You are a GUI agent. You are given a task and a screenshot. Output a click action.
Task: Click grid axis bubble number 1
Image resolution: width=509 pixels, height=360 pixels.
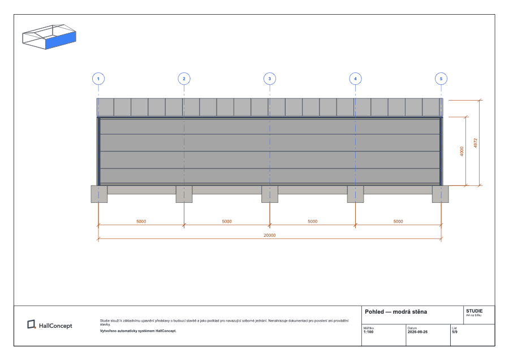pos(98,79)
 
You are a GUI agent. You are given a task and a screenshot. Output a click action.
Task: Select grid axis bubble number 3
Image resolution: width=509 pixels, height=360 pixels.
pos(270,79)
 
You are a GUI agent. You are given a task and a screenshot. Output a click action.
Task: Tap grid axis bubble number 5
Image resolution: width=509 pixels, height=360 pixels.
pos(441,79)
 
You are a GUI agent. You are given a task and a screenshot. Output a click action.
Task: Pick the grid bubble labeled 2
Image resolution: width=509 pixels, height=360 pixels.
pos(184,79)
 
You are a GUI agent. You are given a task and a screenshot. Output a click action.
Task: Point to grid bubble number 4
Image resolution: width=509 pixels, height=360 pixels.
pos(356,79)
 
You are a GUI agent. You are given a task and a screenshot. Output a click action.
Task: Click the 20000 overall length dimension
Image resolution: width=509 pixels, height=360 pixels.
pos(269,235)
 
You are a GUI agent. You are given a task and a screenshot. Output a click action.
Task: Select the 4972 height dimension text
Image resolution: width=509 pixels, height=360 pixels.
pos(476,143)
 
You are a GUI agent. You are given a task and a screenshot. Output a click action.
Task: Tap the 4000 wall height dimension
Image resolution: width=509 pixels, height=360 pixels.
pos(462,151)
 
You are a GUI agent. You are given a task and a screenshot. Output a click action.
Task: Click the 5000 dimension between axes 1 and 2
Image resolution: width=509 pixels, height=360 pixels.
pos(141,222)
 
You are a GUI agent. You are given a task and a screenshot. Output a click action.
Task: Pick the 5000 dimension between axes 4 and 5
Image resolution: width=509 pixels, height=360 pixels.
pos(398,222)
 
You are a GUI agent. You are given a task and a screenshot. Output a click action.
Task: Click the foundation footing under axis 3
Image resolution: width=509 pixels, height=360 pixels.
pos(270,194)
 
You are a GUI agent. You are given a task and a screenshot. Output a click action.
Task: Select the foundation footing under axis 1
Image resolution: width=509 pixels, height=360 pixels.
pos(99,194)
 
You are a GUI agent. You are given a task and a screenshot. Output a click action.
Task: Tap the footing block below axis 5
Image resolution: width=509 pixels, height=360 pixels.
pos(441,194)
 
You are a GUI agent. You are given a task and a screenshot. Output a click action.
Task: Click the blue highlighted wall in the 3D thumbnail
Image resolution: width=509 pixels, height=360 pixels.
pos(61,40)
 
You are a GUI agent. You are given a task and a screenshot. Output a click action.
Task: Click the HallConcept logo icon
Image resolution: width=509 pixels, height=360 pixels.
pos(32,324)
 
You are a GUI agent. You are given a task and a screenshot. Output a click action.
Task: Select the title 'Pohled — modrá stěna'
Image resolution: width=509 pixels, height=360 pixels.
pos(396,311)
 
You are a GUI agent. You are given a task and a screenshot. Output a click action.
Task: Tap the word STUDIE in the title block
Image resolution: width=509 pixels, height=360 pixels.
pos(475,311)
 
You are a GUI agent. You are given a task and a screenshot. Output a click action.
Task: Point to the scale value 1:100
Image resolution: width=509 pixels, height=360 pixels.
pos(368,332)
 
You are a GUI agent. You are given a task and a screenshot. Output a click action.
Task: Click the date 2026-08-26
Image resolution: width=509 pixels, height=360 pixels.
pos(417,332)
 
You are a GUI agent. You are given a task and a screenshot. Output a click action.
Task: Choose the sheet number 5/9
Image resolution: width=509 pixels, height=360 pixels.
pos(455,332)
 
